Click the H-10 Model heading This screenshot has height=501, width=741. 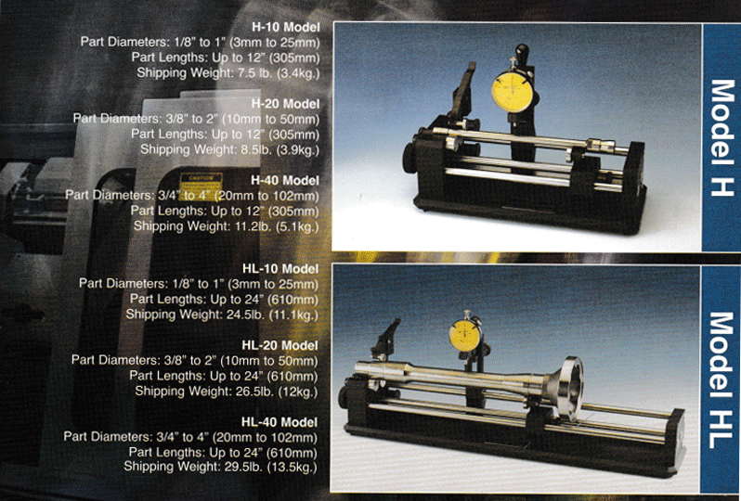point(286,27)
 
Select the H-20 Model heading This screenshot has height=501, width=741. point(285,104)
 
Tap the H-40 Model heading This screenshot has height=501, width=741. point(285,180)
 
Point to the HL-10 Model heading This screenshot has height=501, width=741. point(280,269)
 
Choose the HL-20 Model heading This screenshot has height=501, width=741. point(279,346)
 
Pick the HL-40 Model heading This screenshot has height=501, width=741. point(279,422)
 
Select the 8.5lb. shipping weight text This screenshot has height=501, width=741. point(254,149)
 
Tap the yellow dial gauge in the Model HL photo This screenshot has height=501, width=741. point(465,334)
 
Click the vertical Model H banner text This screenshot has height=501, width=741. point(721,137)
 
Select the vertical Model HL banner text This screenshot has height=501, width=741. point(721,380)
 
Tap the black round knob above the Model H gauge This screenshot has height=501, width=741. point(522,50)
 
